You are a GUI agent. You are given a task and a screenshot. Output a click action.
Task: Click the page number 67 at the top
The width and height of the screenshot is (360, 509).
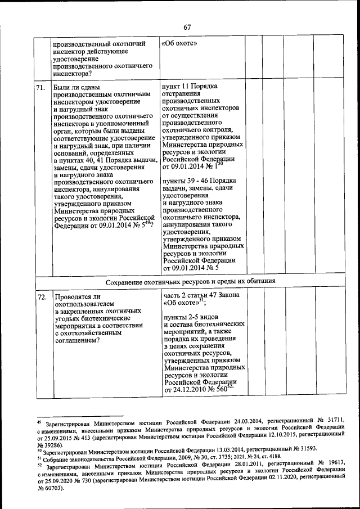[187, 27]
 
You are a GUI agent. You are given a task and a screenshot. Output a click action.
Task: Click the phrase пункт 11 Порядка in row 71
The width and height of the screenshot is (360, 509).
[188, 86]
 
